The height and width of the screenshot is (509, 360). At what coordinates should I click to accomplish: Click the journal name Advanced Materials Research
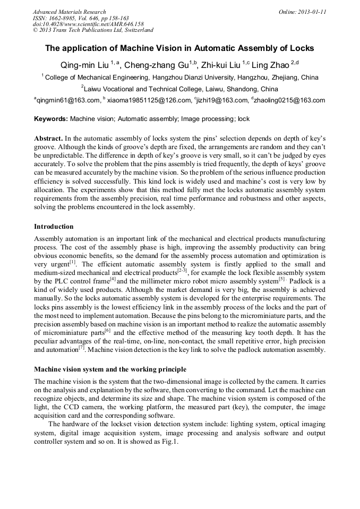(x=69, y=12)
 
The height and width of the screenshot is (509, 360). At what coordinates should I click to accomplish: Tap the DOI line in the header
(x=88, y=24)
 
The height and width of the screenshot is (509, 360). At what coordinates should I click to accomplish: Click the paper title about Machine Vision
(x=179, y=48)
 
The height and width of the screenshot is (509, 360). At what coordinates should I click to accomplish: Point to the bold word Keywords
(x=51, y=119)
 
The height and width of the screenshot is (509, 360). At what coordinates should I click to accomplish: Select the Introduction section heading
(x=54, y=227)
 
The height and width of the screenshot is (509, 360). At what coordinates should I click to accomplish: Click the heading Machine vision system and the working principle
(x=110, y=369)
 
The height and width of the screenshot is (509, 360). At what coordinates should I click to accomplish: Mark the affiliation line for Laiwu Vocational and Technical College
(x=179, y=89)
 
